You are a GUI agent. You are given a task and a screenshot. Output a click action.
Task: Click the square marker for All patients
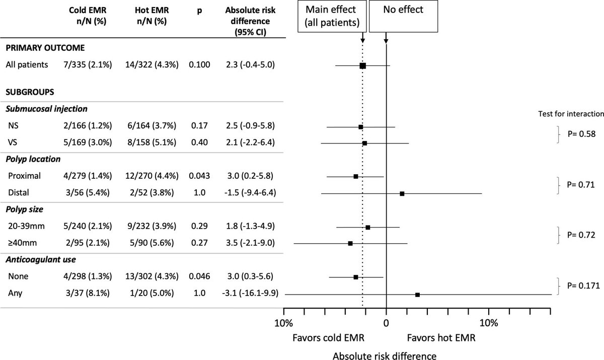(362, 65)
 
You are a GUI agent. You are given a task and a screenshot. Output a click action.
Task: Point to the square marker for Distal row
(402, 193)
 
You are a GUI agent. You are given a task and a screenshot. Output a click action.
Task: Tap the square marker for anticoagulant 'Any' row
(417, 295)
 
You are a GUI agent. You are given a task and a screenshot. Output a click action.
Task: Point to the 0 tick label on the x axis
(386, 322)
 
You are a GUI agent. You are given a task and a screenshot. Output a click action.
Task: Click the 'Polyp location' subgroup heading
(34, 159)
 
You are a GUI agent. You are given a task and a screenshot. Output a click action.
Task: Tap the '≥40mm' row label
(24, 243)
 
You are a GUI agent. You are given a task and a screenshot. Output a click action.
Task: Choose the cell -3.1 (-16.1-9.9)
(249, 294)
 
